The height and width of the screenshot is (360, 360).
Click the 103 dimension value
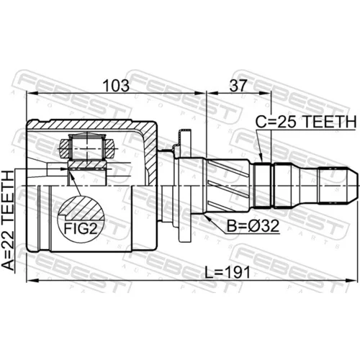pos(116,86)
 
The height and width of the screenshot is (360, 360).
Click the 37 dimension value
pos(238,86)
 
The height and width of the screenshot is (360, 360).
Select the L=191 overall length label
pos(228,273)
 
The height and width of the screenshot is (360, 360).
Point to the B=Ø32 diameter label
pos(253,226)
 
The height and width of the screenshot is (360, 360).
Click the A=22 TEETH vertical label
pos(8,221)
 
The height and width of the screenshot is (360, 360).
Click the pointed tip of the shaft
pos(359,186)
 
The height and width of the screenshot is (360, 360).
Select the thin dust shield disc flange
pos(185,185)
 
